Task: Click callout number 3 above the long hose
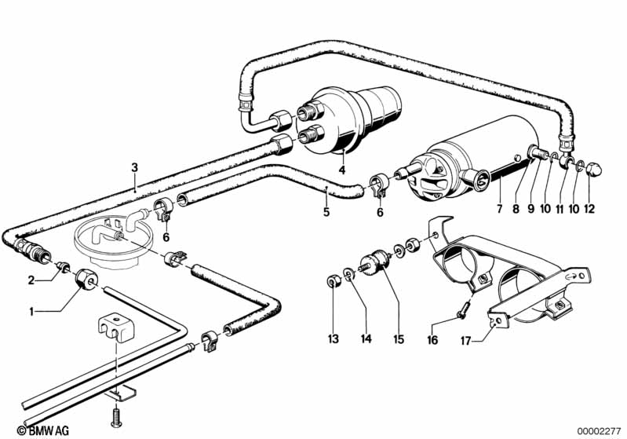point(134,167)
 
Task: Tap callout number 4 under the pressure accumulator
point(342,170)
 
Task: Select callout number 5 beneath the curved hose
point(326,212)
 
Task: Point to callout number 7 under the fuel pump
point(499,208)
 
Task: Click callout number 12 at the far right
point(589,208)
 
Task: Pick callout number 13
point(333,339)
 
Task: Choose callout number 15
point(399,339)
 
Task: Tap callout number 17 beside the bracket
point(465,341)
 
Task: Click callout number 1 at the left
point(31,311)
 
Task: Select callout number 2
point(31,280)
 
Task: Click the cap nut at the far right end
point(594,170)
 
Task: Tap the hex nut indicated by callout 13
point(333,282)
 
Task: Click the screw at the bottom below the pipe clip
point(116,417)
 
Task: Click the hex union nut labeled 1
point(86,279)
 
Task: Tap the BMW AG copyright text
point(43,430)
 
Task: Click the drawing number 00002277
point(600,431)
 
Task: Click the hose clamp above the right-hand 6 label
point(378,185)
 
